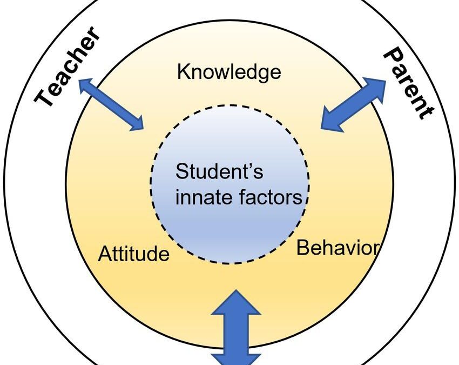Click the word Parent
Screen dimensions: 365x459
click(408, 83)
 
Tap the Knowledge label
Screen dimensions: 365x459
click(229, 71)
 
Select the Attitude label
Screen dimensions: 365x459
click(133, 254)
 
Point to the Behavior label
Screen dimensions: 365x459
click(337, 248)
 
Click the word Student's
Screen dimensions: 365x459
click(220, 172)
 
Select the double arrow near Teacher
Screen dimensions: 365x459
click(112, 104)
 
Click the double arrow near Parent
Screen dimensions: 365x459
click(354, 104)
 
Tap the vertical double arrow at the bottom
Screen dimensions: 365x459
click(235, 327)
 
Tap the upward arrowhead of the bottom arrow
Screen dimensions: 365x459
click(235, 302)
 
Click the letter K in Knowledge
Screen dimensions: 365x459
click(183, 72)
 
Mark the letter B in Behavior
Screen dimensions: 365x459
click(302, 248)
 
